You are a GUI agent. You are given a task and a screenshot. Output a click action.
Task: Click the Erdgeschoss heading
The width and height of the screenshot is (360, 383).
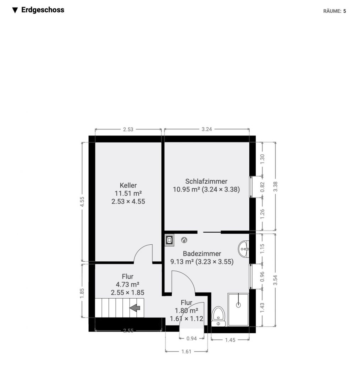coord(43,10)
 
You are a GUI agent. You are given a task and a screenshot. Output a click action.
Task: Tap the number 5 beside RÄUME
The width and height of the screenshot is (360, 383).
coord(345,11)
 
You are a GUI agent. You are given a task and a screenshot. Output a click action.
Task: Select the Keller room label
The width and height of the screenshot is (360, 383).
coord(128,185)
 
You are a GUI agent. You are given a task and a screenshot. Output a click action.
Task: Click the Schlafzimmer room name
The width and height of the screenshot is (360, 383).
coord(206,181)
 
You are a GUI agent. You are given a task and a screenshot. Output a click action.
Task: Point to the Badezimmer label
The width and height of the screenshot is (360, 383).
coord(202,254)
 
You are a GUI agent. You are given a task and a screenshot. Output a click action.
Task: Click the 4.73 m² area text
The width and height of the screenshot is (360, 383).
coord(127,284)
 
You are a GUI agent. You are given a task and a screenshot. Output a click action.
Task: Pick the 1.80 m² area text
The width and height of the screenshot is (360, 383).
coord(186,310)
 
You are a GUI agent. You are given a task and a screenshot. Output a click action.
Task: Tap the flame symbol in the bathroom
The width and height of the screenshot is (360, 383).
coord(184,240)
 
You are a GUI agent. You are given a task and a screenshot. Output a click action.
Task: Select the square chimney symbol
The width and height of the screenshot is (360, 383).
coord(170,240)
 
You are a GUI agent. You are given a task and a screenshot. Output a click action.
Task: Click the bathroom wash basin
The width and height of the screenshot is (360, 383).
coord(244,249)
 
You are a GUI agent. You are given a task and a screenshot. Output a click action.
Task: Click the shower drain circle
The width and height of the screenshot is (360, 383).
coord(238,305)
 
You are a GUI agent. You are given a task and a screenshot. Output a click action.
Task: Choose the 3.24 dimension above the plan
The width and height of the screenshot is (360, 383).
coord(207,129)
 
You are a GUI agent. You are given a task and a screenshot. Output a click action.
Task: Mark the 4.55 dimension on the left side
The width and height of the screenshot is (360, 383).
coord(82,202)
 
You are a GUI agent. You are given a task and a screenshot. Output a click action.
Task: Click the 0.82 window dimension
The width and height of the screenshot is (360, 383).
coord(262,187)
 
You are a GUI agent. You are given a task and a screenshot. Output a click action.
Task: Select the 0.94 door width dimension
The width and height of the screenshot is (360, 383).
coord(192,338)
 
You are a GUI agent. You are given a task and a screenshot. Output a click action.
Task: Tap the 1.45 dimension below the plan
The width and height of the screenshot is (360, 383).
coord(230,340)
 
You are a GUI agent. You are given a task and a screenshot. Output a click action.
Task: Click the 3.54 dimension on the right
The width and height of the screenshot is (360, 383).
coord(275,280)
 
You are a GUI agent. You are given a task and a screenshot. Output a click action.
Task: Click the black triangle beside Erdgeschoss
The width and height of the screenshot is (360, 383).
coord(15,10)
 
